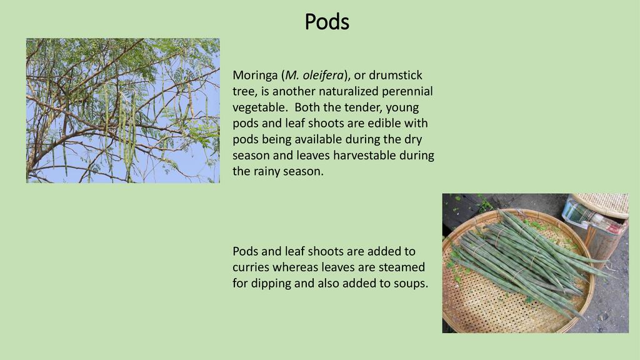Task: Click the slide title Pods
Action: point(327,22)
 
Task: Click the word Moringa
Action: point(255,76)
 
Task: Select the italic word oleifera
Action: point(323,75)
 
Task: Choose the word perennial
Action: point(407,91)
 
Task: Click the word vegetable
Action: point(258,107)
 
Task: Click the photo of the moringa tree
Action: point(123,111)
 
